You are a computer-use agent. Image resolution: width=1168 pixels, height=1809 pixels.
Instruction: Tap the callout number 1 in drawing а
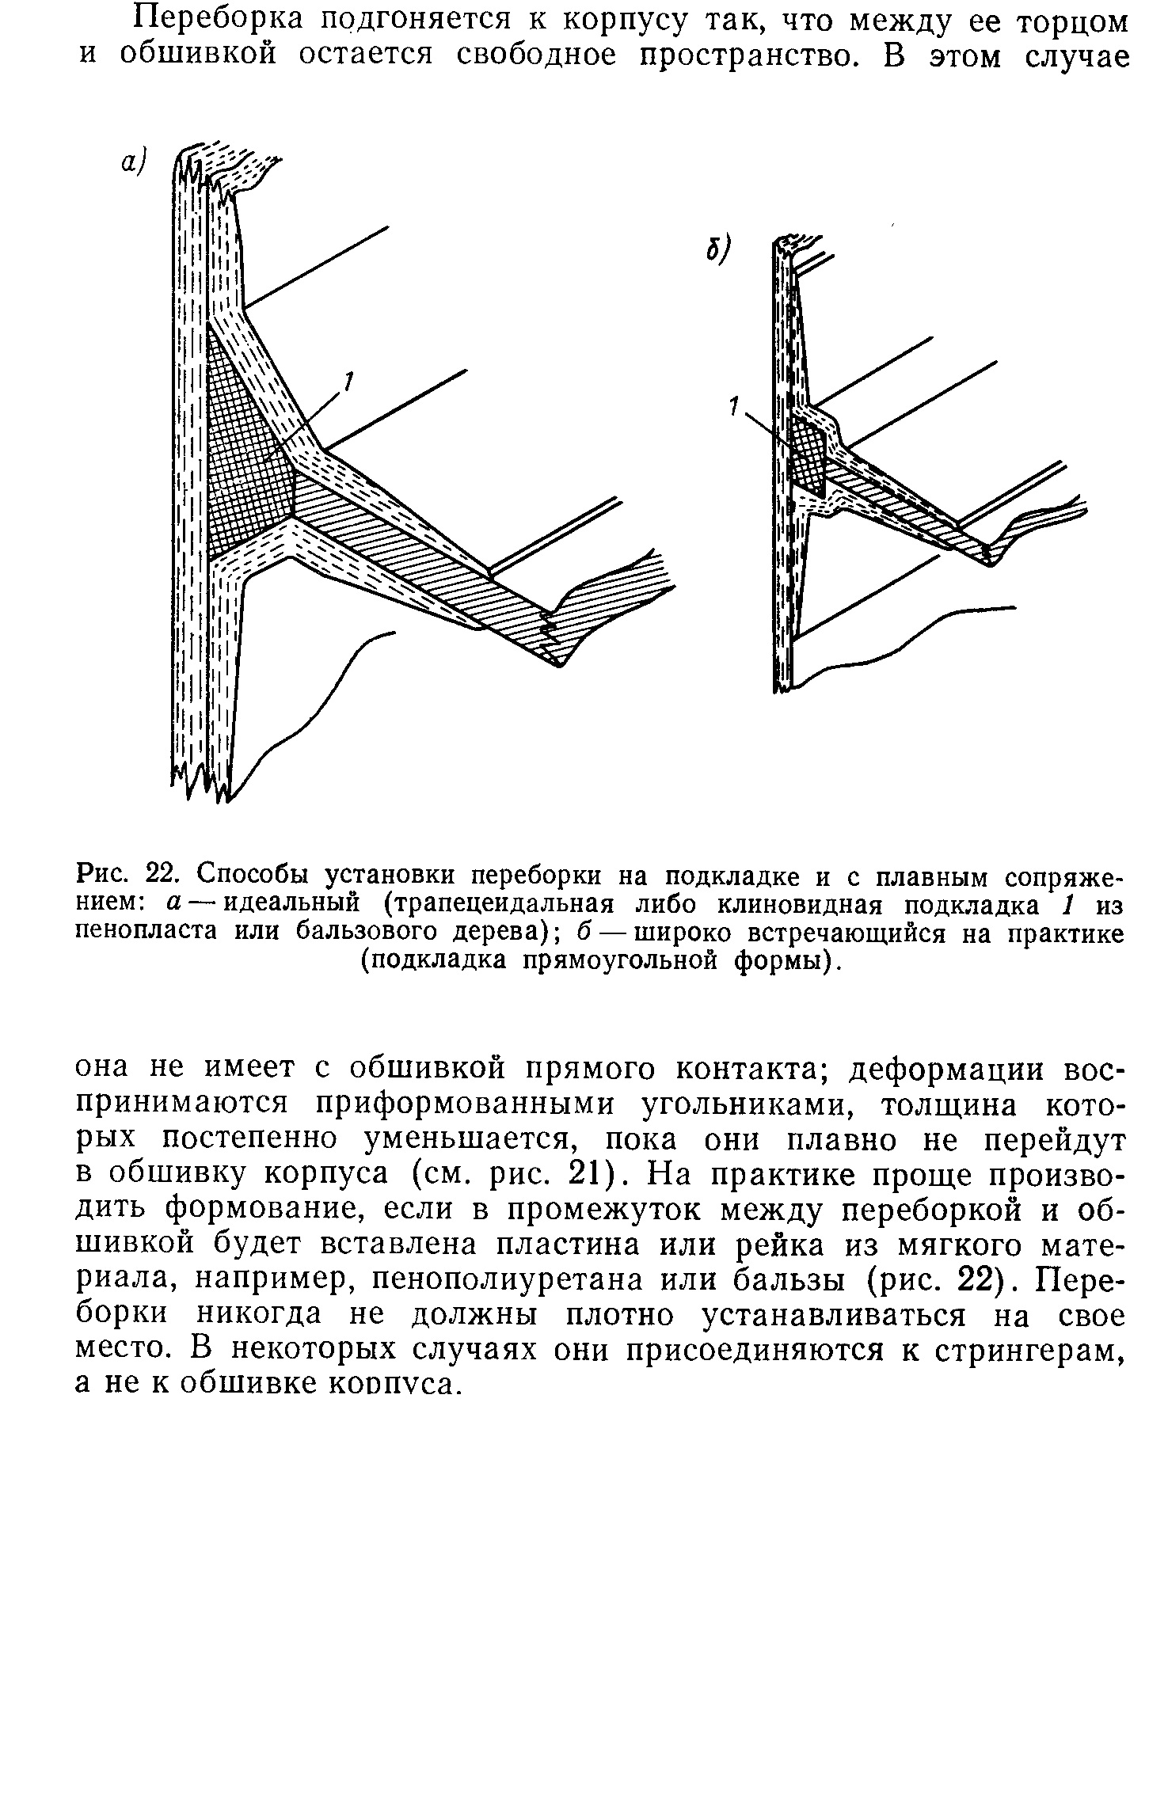tap(346, 384)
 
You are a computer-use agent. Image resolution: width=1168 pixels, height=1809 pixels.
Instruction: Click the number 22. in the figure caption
tap(166, 876)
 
